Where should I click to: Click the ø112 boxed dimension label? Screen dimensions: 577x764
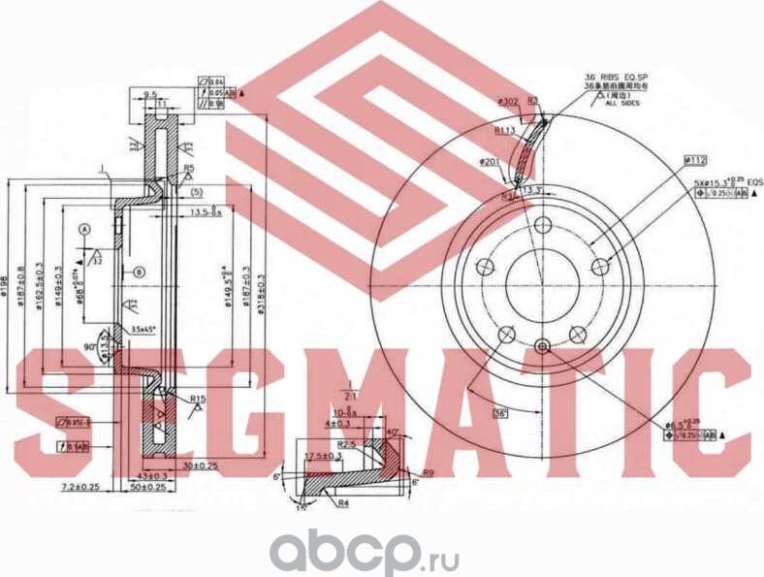point(694,159)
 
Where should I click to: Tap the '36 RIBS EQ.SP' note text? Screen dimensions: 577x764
point(615,77)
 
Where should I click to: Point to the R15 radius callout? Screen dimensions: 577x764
point(199,399)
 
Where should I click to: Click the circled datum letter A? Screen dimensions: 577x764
point(84,228)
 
